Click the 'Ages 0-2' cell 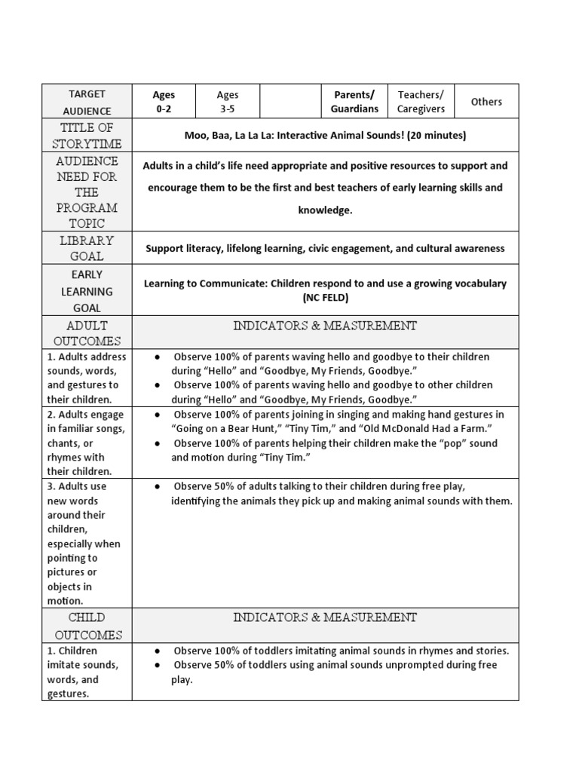tap(164, 102)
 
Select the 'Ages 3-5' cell tap(227, 102)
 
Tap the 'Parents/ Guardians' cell tap(354, 102)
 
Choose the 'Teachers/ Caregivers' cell tap(421, 102)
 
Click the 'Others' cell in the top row tap(486, 102)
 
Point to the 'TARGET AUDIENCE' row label tap(87, 102)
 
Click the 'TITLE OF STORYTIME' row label tap(87, 136)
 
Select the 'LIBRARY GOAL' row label tap(87, 248)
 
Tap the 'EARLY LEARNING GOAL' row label tap(87, 291)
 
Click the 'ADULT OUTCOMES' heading tap(87, 333)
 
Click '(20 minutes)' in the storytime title tap(432, 136)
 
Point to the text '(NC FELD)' tap(325, 297)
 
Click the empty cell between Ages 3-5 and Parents tap(290, 102)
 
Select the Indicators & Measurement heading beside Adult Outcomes tap(325, 326)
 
